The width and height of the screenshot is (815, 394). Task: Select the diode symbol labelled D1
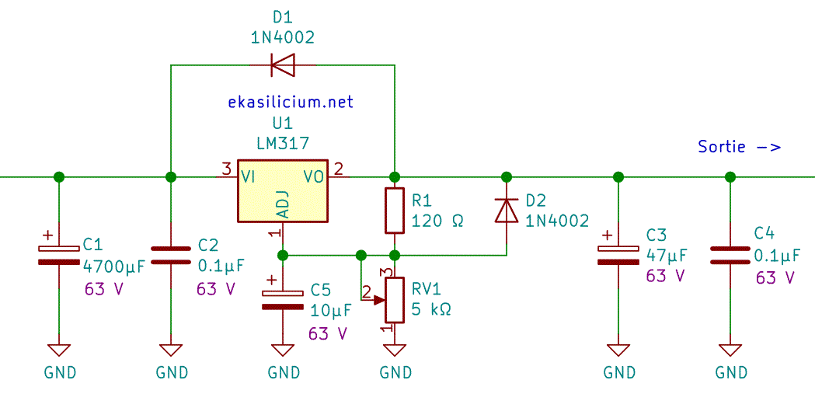pos(283,65)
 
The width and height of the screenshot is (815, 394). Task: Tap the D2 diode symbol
pos(507,210)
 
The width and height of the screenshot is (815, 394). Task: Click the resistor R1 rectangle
pos(395,211)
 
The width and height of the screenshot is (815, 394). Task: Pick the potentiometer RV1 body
pos(395,300)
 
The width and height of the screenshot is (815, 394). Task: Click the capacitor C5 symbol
pos(283,300)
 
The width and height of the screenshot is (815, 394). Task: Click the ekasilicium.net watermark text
pos(291,102)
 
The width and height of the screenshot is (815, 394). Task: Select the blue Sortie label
pos(738,146)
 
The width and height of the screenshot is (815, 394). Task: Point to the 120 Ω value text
pos(437,221)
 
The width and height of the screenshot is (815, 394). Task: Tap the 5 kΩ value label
pos(431,309)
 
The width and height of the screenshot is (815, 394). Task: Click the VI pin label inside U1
pos(249,176)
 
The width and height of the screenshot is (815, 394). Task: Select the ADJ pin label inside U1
pos(284,204)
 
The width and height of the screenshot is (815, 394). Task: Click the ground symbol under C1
pos(59,349)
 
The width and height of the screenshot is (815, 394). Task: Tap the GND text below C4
pos(730,373)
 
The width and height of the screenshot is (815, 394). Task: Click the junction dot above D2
pos(507,176)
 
